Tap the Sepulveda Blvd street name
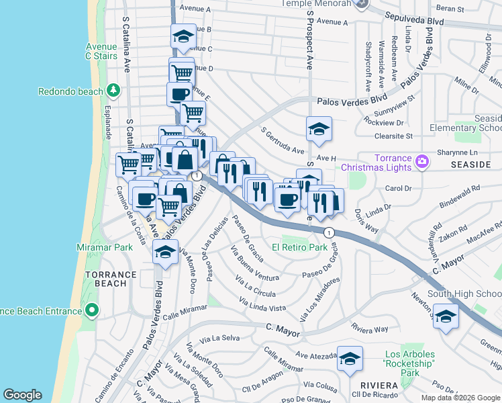(x=417, y=21)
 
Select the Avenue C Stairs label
(x=101, y=51)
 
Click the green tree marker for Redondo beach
(x=113, y=90)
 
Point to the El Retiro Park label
(x=299, y=247)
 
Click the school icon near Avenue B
(x=182, y=38)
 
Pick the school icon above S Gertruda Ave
(x=319, y=130)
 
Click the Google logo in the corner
(x=21, y=395)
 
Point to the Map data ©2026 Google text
(x=460, y=398)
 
